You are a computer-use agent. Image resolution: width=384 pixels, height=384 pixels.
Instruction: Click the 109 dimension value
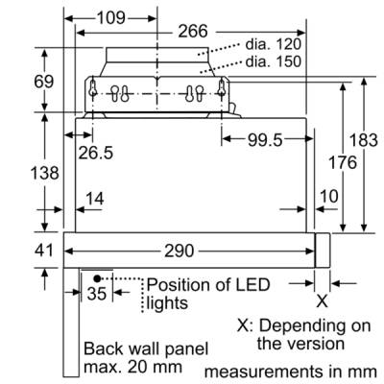(x=111, y=18)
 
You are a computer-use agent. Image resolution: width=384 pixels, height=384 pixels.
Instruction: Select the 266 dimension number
(x=193, y=32)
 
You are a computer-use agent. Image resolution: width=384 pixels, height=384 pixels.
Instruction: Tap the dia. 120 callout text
(x=274, y=44)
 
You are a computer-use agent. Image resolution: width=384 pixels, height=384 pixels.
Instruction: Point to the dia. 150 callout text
(x=274, y=61)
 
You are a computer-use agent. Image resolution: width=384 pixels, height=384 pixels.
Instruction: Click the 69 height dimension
(x=44, y=82)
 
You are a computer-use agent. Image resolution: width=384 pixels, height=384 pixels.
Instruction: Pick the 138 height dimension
(x=45, y=173)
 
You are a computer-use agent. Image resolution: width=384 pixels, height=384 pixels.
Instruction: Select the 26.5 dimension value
(x=96, y=153)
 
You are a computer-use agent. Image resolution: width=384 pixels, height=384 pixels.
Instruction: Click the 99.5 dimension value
(x=265, y=140)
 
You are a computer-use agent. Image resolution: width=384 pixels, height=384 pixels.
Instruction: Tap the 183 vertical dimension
(x=364, y=140)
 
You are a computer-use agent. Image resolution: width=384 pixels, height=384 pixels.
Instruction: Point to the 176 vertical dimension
(x=343, y=162)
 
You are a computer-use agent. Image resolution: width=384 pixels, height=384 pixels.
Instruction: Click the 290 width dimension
(x=180, y=251)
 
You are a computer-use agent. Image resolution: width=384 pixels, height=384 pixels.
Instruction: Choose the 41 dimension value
(x=44, y=250)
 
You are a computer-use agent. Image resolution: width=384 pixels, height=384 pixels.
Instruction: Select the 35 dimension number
(x=96, y=294)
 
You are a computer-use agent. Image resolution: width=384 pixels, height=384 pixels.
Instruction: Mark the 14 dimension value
(x=95, y=199)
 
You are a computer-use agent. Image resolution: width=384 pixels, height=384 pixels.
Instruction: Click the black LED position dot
(x=97, y=278)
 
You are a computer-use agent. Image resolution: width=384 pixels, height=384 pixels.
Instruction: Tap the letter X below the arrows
(x=323, y=301)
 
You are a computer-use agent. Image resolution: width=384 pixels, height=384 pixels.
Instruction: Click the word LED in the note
(x=252, y=284)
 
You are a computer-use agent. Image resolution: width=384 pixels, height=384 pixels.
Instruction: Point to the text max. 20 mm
(x=132, y=367)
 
